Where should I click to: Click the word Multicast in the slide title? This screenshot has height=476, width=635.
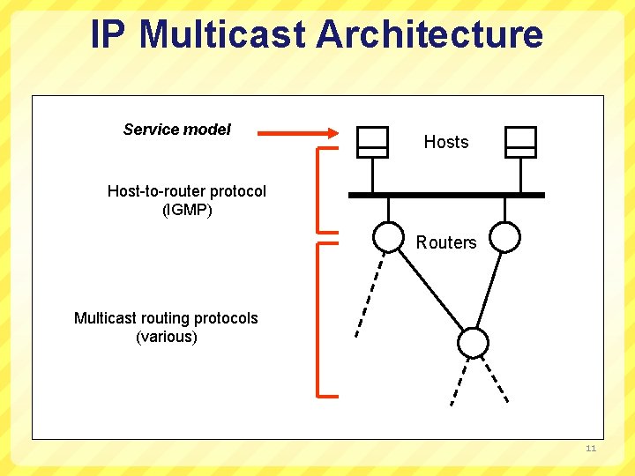point(223,34)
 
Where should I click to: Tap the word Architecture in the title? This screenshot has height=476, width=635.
point(430,34)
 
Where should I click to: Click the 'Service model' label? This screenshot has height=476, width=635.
point(176,130)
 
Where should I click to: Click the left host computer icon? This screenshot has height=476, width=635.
point(372,141)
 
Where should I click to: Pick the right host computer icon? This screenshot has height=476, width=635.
point(520,141)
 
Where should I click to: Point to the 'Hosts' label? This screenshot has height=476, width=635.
point(445,142)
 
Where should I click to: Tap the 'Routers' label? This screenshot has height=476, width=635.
point(445,242)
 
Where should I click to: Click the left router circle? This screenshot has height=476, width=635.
point(387,236)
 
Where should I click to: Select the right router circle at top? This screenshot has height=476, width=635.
point(505,236)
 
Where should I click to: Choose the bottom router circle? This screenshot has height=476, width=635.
point(473,342)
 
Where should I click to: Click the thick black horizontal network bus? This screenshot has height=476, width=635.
point(446,195)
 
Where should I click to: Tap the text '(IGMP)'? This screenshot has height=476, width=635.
point(187,210)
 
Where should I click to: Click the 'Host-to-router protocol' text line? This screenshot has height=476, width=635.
point(186,191)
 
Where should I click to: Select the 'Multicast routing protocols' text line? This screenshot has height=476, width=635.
point(166,318)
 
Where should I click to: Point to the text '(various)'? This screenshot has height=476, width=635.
point(166,337)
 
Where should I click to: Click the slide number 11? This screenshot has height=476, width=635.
point(591,450)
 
